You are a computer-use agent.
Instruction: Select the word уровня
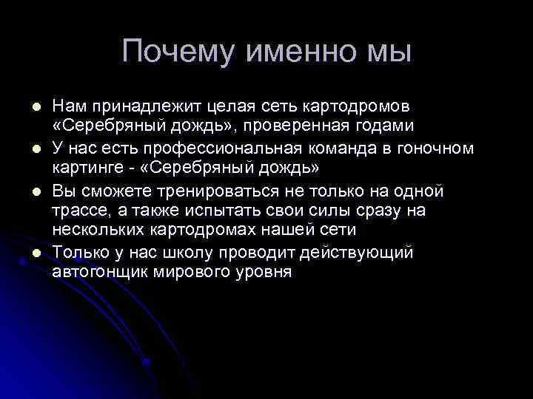263,271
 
